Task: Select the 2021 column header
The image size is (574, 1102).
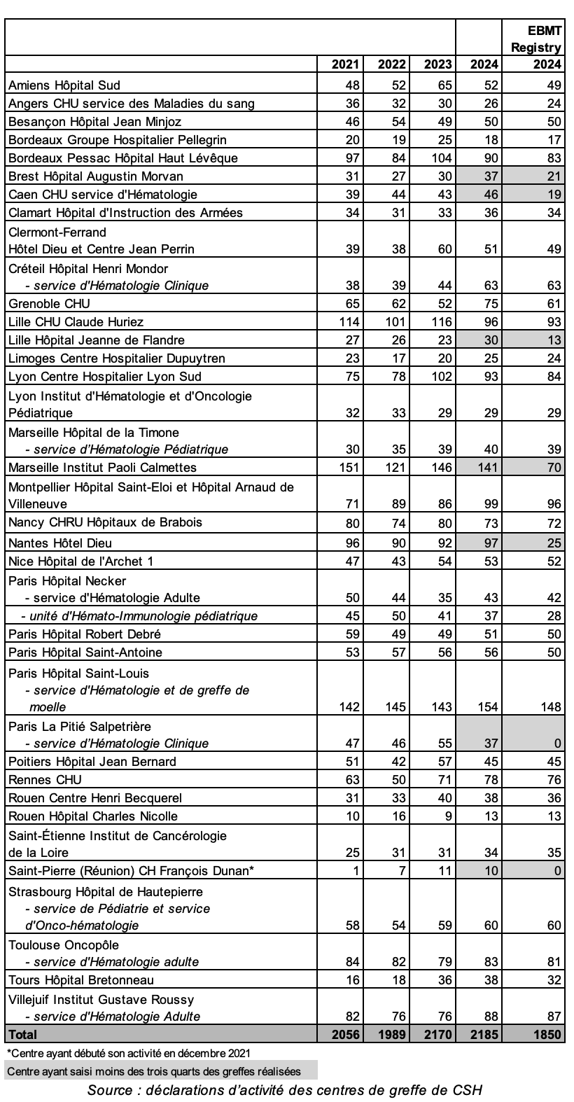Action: click(x=346, y=65)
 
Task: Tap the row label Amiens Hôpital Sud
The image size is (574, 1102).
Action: click(x=64, y=85)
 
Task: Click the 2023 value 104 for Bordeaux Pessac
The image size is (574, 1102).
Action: click(x=438, y=158)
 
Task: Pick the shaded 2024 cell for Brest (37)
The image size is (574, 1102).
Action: click(x=484, y=176)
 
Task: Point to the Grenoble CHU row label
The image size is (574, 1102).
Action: click(x=49, y=304)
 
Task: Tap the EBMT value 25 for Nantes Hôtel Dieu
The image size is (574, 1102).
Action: click(x=553, y=543)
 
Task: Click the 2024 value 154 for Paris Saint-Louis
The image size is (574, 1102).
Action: click(x=484, y=707)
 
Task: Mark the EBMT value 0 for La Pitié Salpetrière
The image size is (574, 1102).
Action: click(x=557, y=744)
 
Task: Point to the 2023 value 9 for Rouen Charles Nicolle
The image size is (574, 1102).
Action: click(x=448, y=816)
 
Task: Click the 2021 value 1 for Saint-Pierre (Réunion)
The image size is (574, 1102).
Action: click(x=356, y=871)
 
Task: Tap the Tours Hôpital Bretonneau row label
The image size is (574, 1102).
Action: click(x=81, y=980)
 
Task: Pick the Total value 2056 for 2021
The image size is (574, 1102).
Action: click(x=344, y=1035)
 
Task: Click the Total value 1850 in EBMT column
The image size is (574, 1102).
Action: click(x=547, y=1035)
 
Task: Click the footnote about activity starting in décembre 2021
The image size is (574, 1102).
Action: click(x=127, y=1053)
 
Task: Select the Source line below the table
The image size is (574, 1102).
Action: click(x=285, y=1090)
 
